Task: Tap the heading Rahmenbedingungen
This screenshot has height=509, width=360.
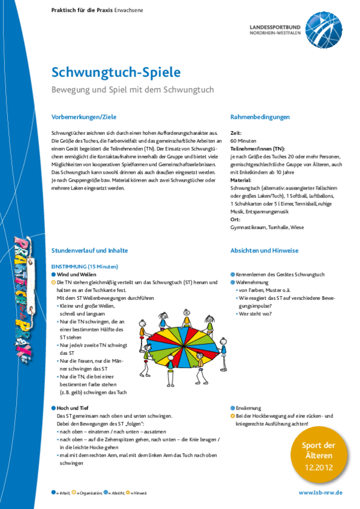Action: (x=260, y=116)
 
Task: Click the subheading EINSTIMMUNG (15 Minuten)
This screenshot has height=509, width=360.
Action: (x=85, y=266)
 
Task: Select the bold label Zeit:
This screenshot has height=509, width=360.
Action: (x=236, y=134)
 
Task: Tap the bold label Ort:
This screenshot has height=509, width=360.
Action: (x=235, y=220)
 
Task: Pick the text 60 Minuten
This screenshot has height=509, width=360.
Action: (x=243, y=141)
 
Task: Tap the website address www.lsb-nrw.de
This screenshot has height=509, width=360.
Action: (x=320, y=492)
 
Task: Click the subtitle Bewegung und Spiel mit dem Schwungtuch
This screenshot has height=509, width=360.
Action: (x=132, y=90)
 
